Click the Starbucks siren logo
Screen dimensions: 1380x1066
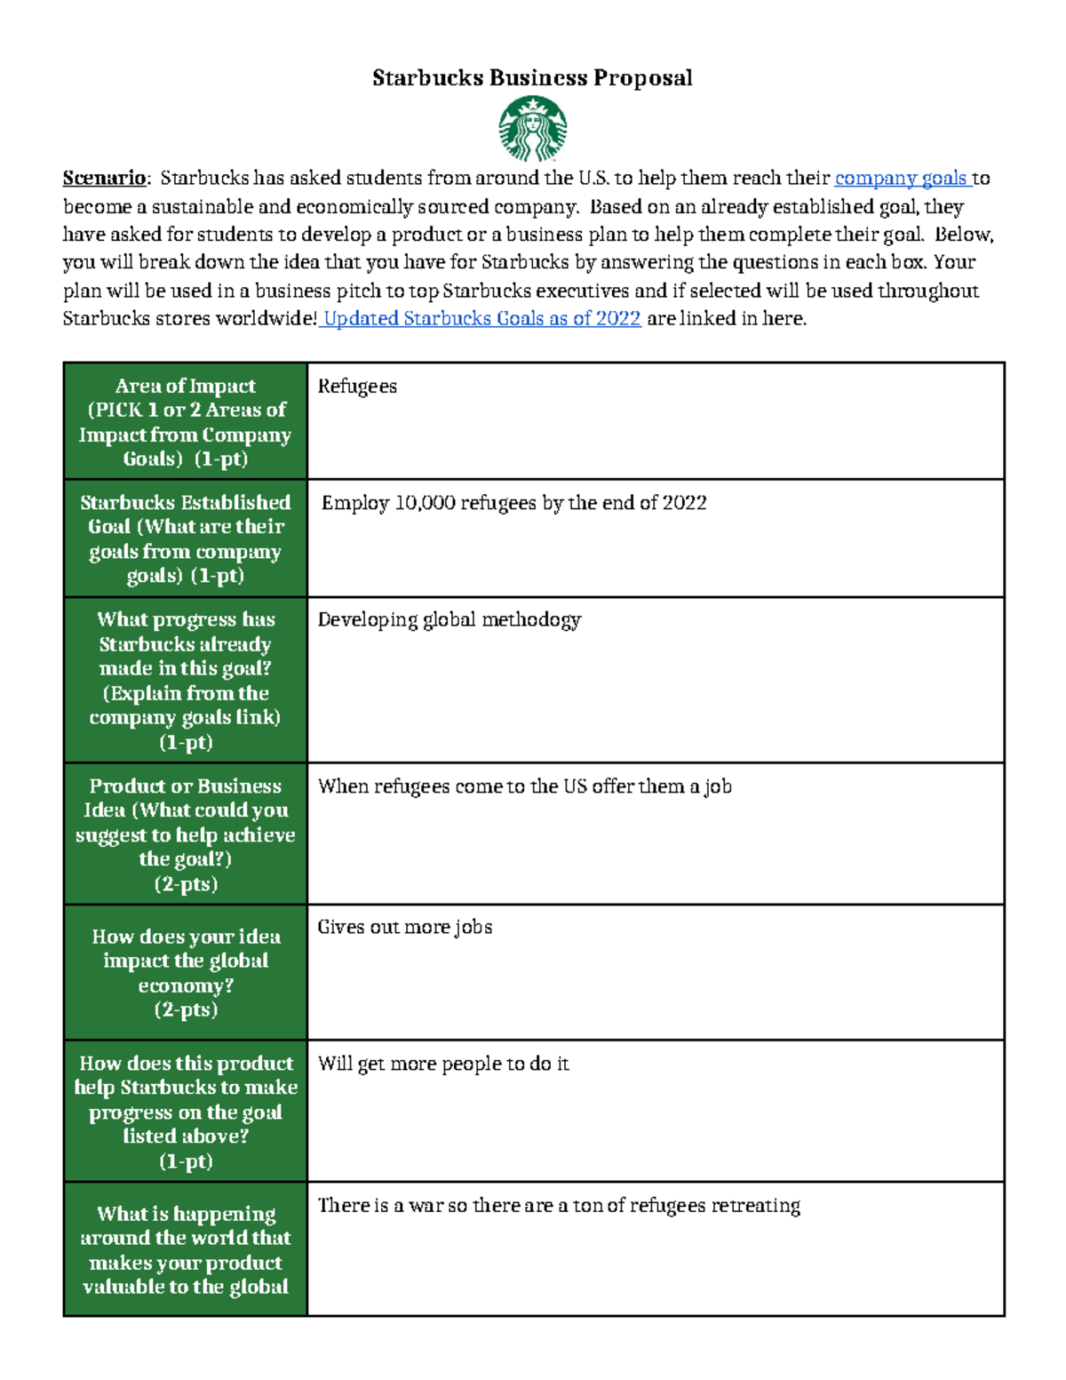pyautogui.click(x=532, y=129)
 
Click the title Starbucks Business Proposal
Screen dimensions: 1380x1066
pyautogui.click(x=532, y=78)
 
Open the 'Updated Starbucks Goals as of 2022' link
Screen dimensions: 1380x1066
pyautogui.click(x=481, y=319)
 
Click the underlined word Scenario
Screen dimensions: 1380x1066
pyautogui.click(x=104, y=179)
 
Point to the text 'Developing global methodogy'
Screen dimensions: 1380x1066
pyautogui.click(x=449, y=620)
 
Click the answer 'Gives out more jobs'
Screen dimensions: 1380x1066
pyautogui.click(x=404, y=928)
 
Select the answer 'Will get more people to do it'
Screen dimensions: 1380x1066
pyautogui.click(x=443, y=1065)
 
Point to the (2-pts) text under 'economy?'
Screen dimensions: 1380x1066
pyautogui.click(x=186, y=1010)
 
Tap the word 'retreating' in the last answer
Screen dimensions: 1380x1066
pyautogui.click(x=755, y=1206)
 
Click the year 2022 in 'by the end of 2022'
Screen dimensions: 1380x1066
pyautogui.click(x=684, y=504)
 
